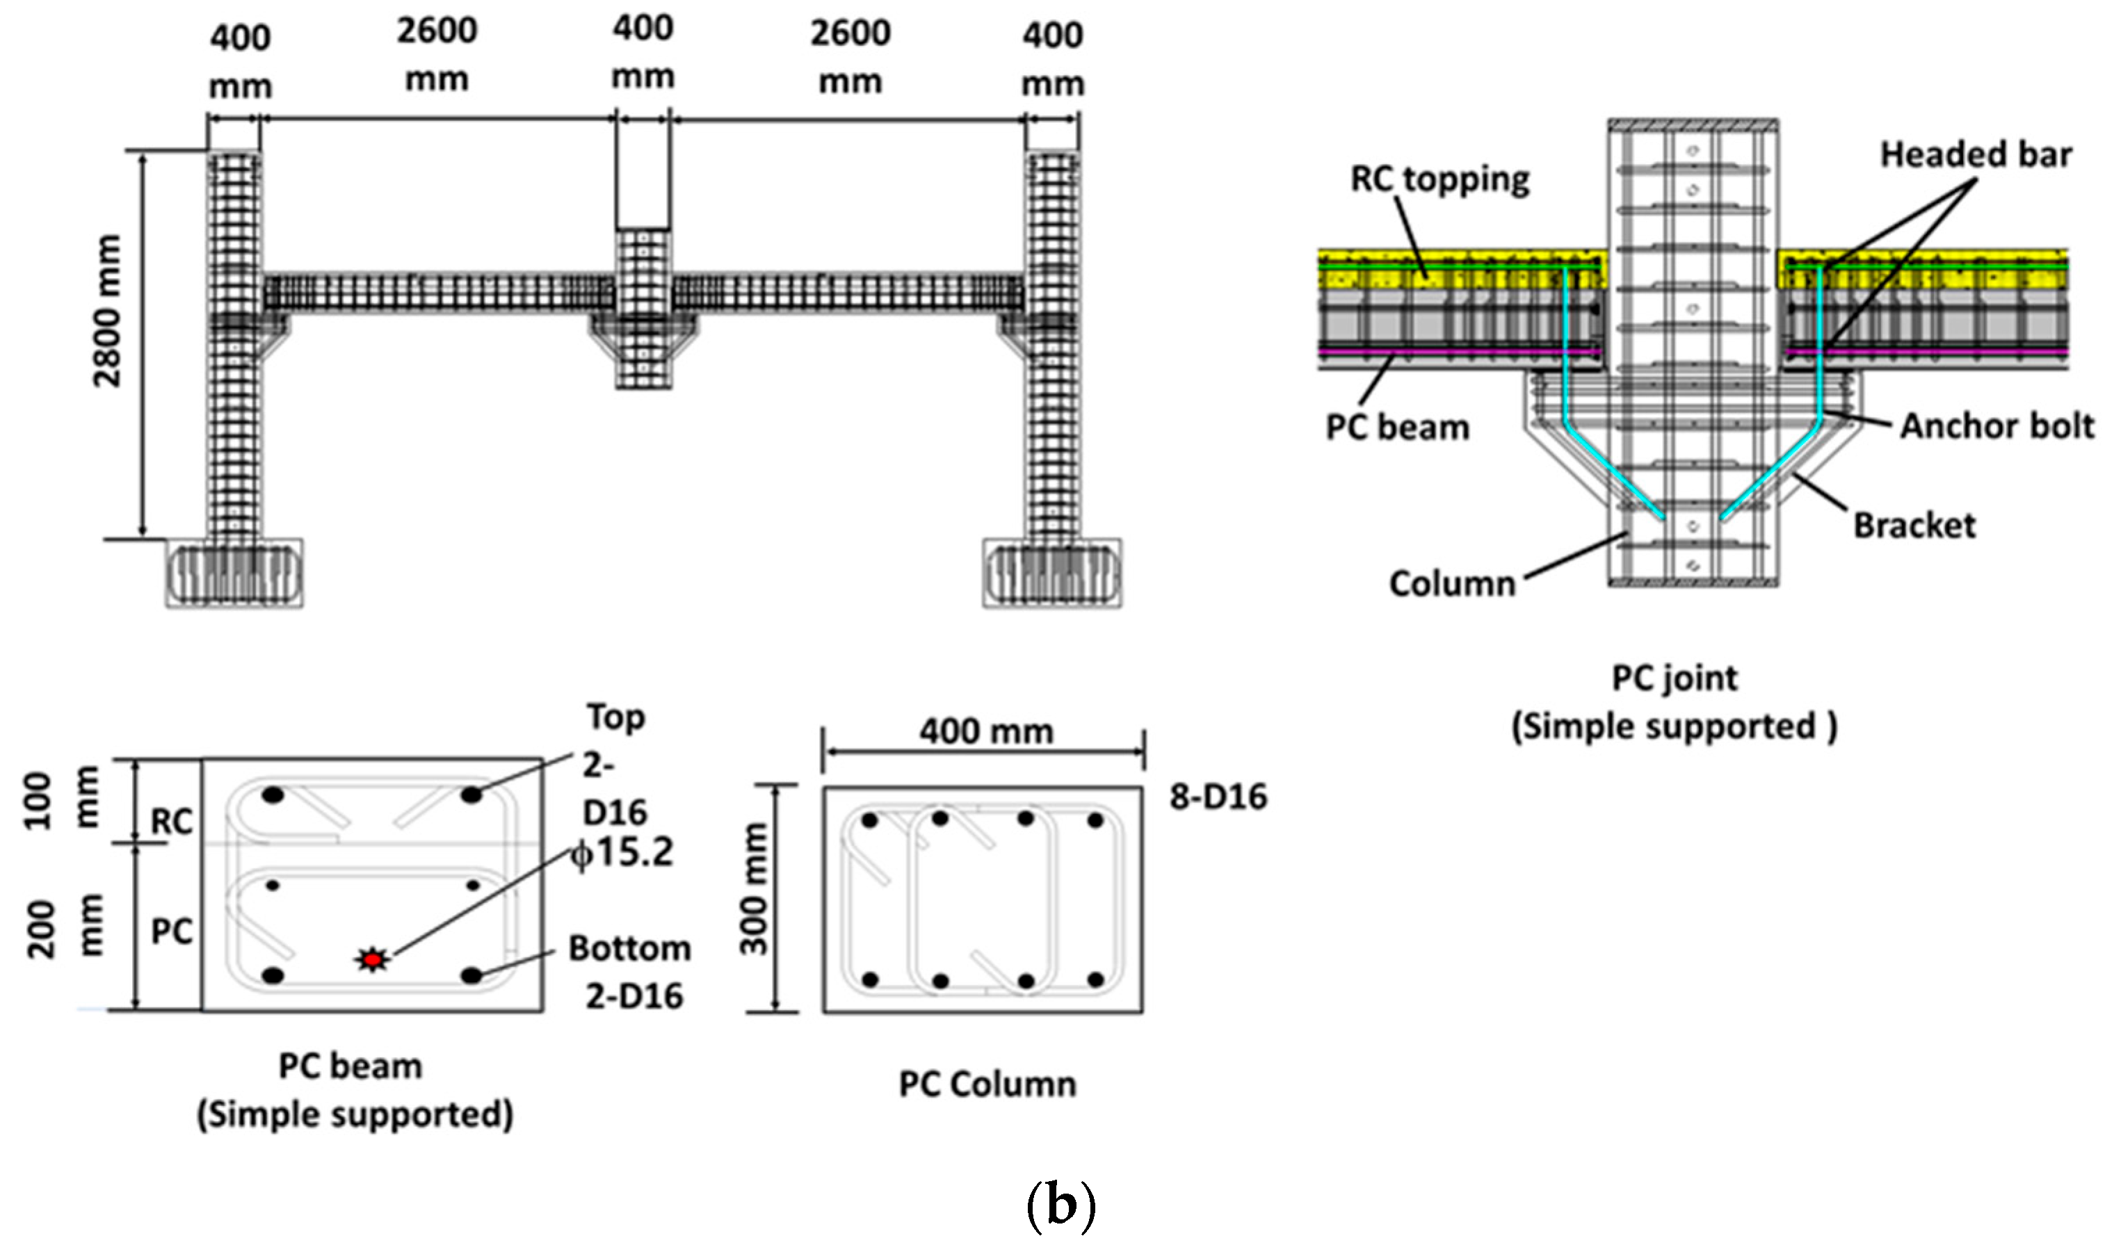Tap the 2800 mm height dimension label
point(108,311)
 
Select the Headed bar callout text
point(1975,155)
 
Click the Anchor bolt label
point(1996,426)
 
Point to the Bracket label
point(1914,526)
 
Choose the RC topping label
point(1439,179)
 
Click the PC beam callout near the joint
point(1397,428)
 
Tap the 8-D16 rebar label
point(1218,797)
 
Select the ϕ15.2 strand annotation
point(622,853)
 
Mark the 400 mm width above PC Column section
point(985,731)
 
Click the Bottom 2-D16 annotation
point(630,972)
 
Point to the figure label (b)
point(1060,1208)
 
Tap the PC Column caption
point(987,1084)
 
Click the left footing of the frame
point(234,574)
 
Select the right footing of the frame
point(1052,574)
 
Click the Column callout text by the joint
point(1452,584)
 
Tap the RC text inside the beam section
point(171,821)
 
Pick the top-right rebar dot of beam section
point(471,795)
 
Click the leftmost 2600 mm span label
point(437,55)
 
